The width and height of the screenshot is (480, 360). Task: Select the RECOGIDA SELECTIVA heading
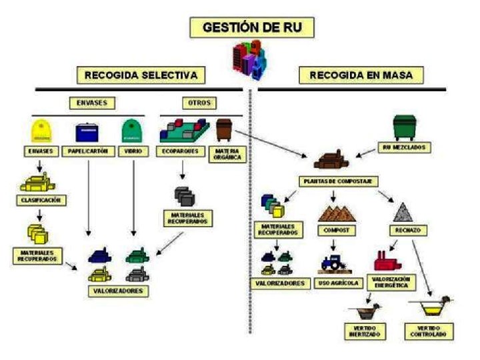click(141, 75)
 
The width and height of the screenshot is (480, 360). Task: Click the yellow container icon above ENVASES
click(42, 131)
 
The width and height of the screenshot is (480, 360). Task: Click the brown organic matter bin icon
click(224, 129)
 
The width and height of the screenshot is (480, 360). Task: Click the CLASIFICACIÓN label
click(40, 199)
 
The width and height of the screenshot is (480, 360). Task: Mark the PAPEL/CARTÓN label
click(89, 151)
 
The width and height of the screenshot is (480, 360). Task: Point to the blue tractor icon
click(333, 262)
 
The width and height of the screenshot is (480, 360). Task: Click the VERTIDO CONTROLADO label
click(429, 331)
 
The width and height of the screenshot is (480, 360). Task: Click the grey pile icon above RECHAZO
click(403, 213)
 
